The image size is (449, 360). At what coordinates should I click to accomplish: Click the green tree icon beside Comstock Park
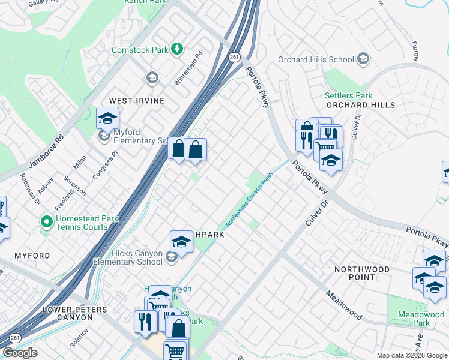coord(177,49)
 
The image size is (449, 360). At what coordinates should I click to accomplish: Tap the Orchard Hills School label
coord(316,59)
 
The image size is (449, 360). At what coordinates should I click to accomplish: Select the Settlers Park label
coord(348,95)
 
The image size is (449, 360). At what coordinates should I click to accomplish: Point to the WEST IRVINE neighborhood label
coord(136,101)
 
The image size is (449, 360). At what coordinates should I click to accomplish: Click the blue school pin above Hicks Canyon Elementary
coord(181,242)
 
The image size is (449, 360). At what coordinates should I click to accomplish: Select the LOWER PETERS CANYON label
coord(75,310)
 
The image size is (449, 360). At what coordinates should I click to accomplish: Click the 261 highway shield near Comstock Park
coord(234,57)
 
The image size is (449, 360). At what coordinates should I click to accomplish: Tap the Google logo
coord(20,353)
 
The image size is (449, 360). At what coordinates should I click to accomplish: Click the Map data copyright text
coord(411,355)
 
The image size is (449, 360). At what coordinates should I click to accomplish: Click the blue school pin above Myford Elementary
coord(107,118)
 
